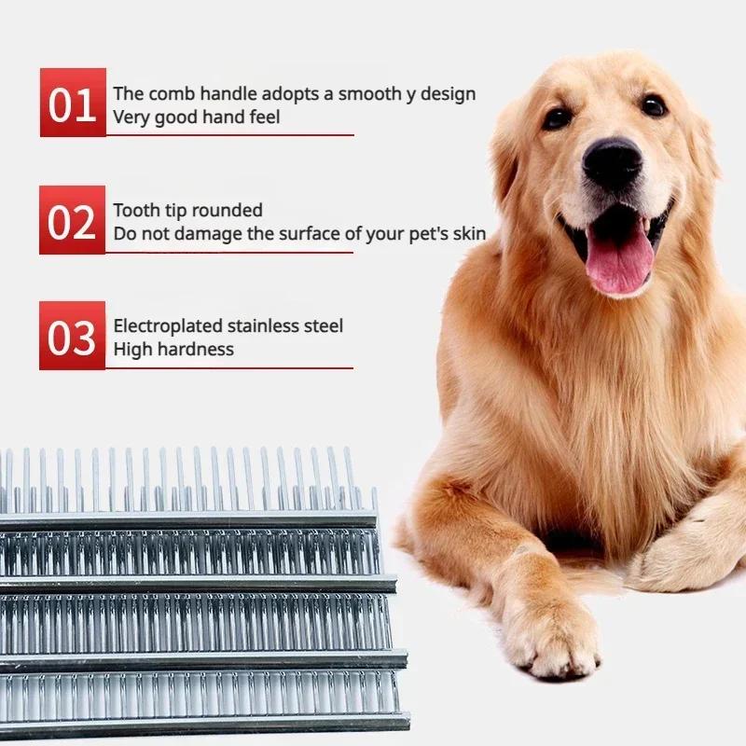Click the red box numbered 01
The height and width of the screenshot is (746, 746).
click(x=73, y=104)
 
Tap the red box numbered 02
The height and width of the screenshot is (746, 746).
click(x=73, y=221)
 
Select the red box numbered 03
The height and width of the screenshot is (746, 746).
click(x=73, y=337)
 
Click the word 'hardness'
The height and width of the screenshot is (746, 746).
click(x=196, y=350)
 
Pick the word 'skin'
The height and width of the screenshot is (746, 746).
click(x=469, y=233)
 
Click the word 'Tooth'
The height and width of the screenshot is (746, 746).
click(x=136, y=210)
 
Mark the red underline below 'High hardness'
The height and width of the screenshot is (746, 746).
click(x=229, y=367)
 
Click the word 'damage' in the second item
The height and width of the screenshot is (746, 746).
click(x=209, y=233)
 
